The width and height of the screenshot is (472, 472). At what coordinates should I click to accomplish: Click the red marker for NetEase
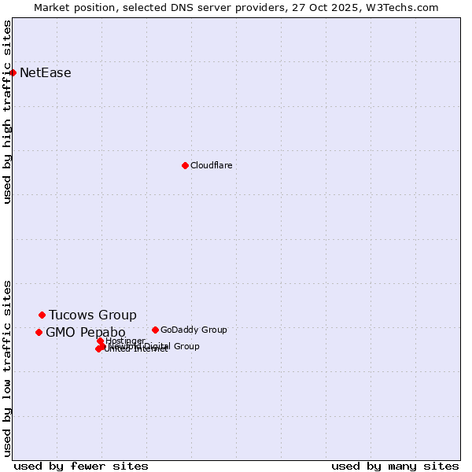point(13,72)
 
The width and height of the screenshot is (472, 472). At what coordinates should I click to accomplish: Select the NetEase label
point(45,73)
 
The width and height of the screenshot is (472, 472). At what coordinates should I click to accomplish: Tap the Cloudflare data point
point(185,165)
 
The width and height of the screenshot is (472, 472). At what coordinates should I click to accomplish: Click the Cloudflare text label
point(211,165)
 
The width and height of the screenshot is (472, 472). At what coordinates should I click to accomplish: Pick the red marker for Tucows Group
point(42,315)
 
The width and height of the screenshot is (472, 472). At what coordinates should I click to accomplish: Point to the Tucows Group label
point(92,315)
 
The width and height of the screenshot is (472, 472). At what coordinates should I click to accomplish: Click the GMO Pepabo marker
point(39,332)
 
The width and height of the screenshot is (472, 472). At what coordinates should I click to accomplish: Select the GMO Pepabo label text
point(85,333)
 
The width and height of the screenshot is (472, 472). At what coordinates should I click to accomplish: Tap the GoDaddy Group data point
point(155,330)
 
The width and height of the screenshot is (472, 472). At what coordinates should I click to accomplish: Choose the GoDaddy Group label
point(193,330)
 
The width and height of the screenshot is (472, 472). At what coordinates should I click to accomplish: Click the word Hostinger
point(125,341)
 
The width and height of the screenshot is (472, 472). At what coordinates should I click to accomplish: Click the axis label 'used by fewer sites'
point(81,466)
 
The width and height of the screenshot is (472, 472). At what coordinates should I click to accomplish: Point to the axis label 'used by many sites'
point(395,466)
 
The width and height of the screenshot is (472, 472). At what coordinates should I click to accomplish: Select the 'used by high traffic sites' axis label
point(7,112)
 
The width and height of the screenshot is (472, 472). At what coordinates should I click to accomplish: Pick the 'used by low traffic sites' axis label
point(7,368)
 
